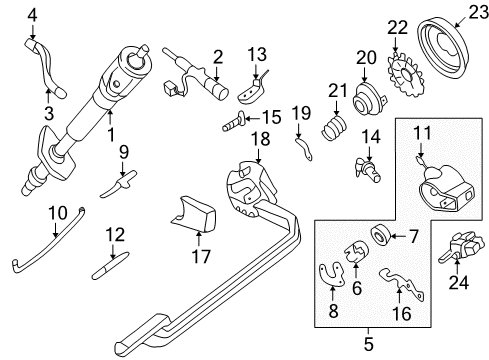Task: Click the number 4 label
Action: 32,13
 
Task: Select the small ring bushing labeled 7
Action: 380,236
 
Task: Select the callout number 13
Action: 258,53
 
